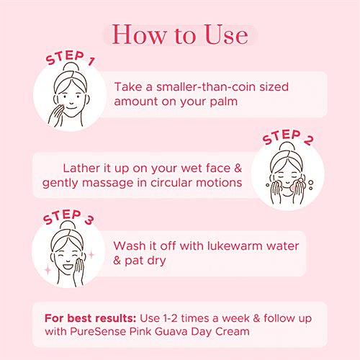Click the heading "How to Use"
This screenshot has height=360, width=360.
click(x=180, y=35)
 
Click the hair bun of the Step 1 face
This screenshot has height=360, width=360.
click(x=66, y=66)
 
